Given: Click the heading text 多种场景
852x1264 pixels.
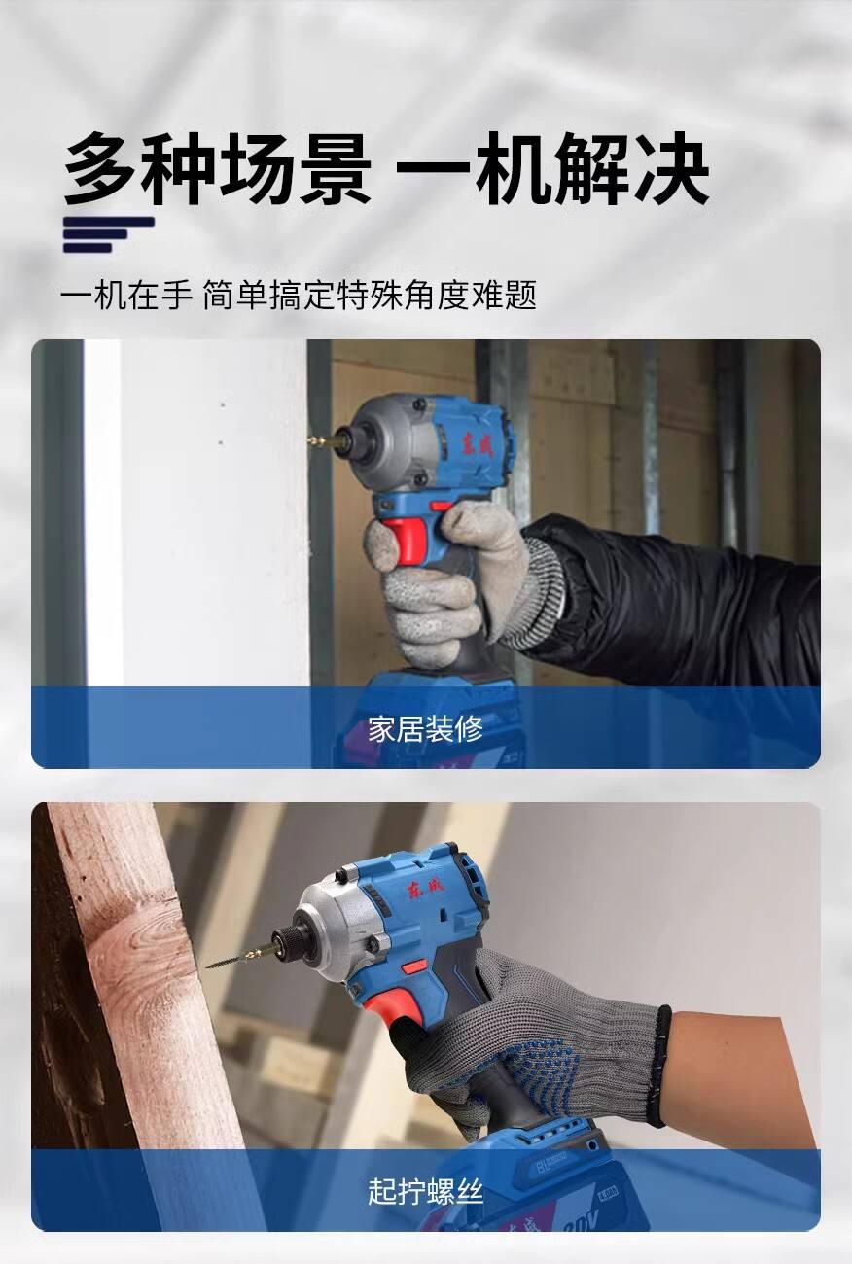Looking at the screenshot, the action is tap(217, 168).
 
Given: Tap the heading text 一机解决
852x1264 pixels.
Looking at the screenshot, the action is tap(552, 168).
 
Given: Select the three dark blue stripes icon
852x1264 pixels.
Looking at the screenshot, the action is tap(108, 234).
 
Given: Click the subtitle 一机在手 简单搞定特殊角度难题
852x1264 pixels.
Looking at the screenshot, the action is tap(299, 295).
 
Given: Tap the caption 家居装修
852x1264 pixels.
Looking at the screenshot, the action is tap(426, 728).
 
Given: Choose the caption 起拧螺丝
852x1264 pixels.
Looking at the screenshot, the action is tap(426, 1192).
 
